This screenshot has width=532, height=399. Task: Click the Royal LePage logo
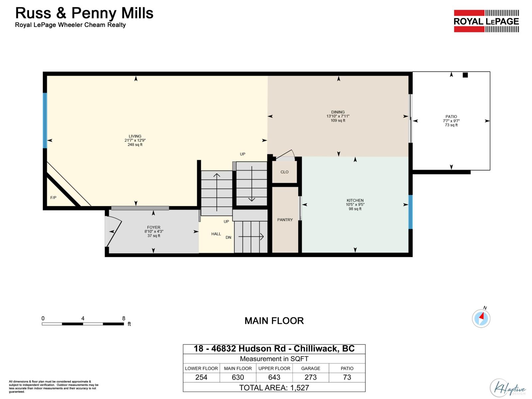486,21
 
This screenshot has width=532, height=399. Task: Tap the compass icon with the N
481,318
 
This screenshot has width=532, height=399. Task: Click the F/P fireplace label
53,198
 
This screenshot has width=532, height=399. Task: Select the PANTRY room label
285,220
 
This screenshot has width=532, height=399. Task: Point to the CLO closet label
284,172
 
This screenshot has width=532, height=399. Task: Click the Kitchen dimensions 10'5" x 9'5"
355,204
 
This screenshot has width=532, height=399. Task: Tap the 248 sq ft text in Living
135,145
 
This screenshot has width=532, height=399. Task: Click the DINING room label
338,112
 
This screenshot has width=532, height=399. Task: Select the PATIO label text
451,117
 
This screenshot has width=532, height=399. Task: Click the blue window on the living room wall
45,120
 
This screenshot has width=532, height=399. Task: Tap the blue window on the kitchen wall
410,212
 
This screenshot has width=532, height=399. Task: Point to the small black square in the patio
465,75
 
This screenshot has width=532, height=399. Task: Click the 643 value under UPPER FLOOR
274,377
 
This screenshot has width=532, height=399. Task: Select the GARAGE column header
311,368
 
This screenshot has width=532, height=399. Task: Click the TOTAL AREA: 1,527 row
274,387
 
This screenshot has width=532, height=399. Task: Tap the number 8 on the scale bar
124,318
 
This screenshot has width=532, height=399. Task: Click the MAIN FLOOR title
274,321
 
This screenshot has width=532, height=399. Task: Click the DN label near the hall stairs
228,237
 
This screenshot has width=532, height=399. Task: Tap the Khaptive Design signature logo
508,388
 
